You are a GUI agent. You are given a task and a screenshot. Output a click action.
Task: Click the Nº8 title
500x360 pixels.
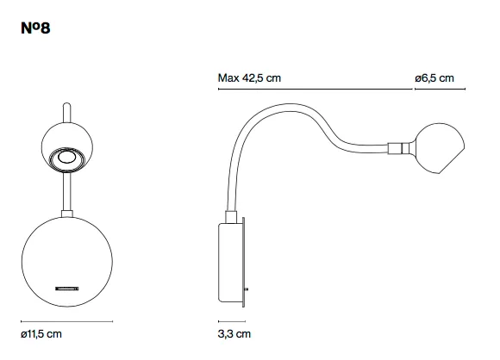click(35, 28)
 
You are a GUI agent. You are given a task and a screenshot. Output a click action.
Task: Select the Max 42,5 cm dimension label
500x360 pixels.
click(249, 78)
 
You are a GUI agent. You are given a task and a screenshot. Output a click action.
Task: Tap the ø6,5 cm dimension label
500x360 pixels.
click(434, 78)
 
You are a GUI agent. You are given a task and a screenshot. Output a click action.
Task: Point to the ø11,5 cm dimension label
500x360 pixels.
click(41, 334)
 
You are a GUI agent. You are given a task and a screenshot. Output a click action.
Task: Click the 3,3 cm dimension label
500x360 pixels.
click(234, 334)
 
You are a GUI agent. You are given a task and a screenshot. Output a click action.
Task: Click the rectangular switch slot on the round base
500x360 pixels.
click(67, 289)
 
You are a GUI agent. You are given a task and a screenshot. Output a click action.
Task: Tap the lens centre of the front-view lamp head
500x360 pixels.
click(66, 158)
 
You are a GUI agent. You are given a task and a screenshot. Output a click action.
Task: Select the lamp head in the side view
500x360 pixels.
click(440, 148)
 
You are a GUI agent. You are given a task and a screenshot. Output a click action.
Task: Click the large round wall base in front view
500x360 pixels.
click(67, 262)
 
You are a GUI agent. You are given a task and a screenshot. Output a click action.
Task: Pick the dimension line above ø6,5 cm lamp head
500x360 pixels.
click(440, 89)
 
